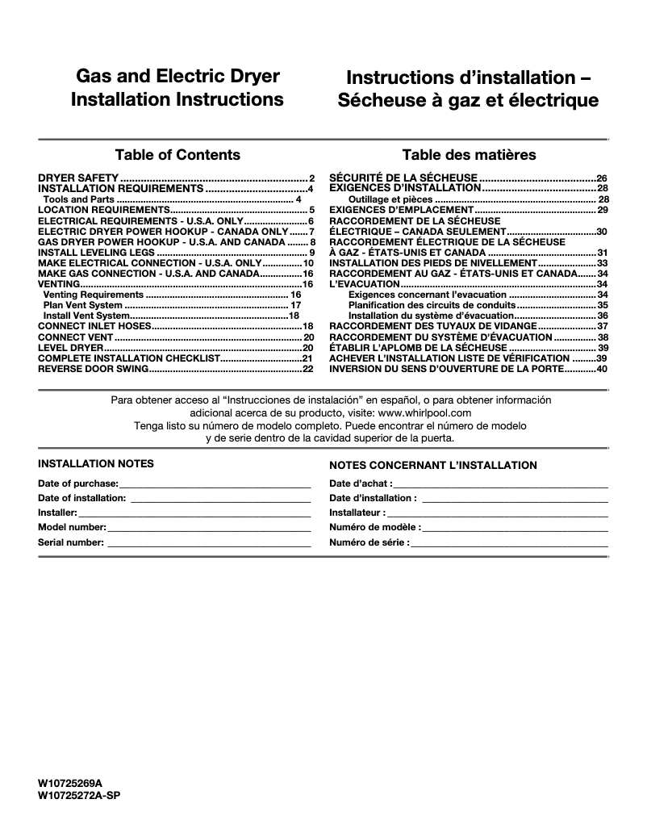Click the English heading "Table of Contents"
click(x=177, y=155)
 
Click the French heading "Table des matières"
click(x=469, y=155)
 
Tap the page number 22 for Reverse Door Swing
click(x=307, y=369)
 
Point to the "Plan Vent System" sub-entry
click(x=83, y=305)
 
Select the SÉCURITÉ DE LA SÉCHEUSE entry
click(x=404, y=178)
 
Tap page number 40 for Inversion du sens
click(x=601, y=369)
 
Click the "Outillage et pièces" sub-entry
click(x=390, y=199)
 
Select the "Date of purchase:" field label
click(x=78, y=483)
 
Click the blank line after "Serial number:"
click(x=209, y=542)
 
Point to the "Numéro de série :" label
click(x=369, y=542)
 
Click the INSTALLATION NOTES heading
click(x=96, y=464)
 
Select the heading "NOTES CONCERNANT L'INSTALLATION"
click(x=433, y=466)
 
